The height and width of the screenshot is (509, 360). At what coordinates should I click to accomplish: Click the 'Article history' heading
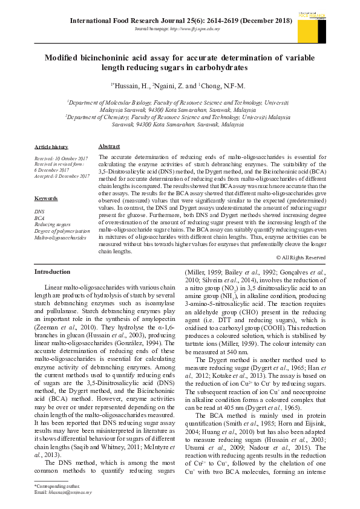pyautogui.click(x=51, y=147)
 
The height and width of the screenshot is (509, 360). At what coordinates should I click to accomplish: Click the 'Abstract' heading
pyautogui.click(x=109, y=146)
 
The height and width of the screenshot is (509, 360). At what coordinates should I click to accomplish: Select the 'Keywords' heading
pyautogui.click(x=47, y=198)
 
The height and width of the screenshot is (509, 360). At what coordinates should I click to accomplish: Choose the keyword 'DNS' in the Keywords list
pyautogui.click(x=39, y=212)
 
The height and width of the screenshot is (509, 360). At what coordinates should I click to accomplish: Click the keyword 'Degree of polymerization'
pyautogui.click(x=62, y=231)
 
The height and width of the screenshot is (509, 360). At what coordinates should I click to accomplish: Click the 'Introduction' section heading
pyautogui.click(x=53, y=272)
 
